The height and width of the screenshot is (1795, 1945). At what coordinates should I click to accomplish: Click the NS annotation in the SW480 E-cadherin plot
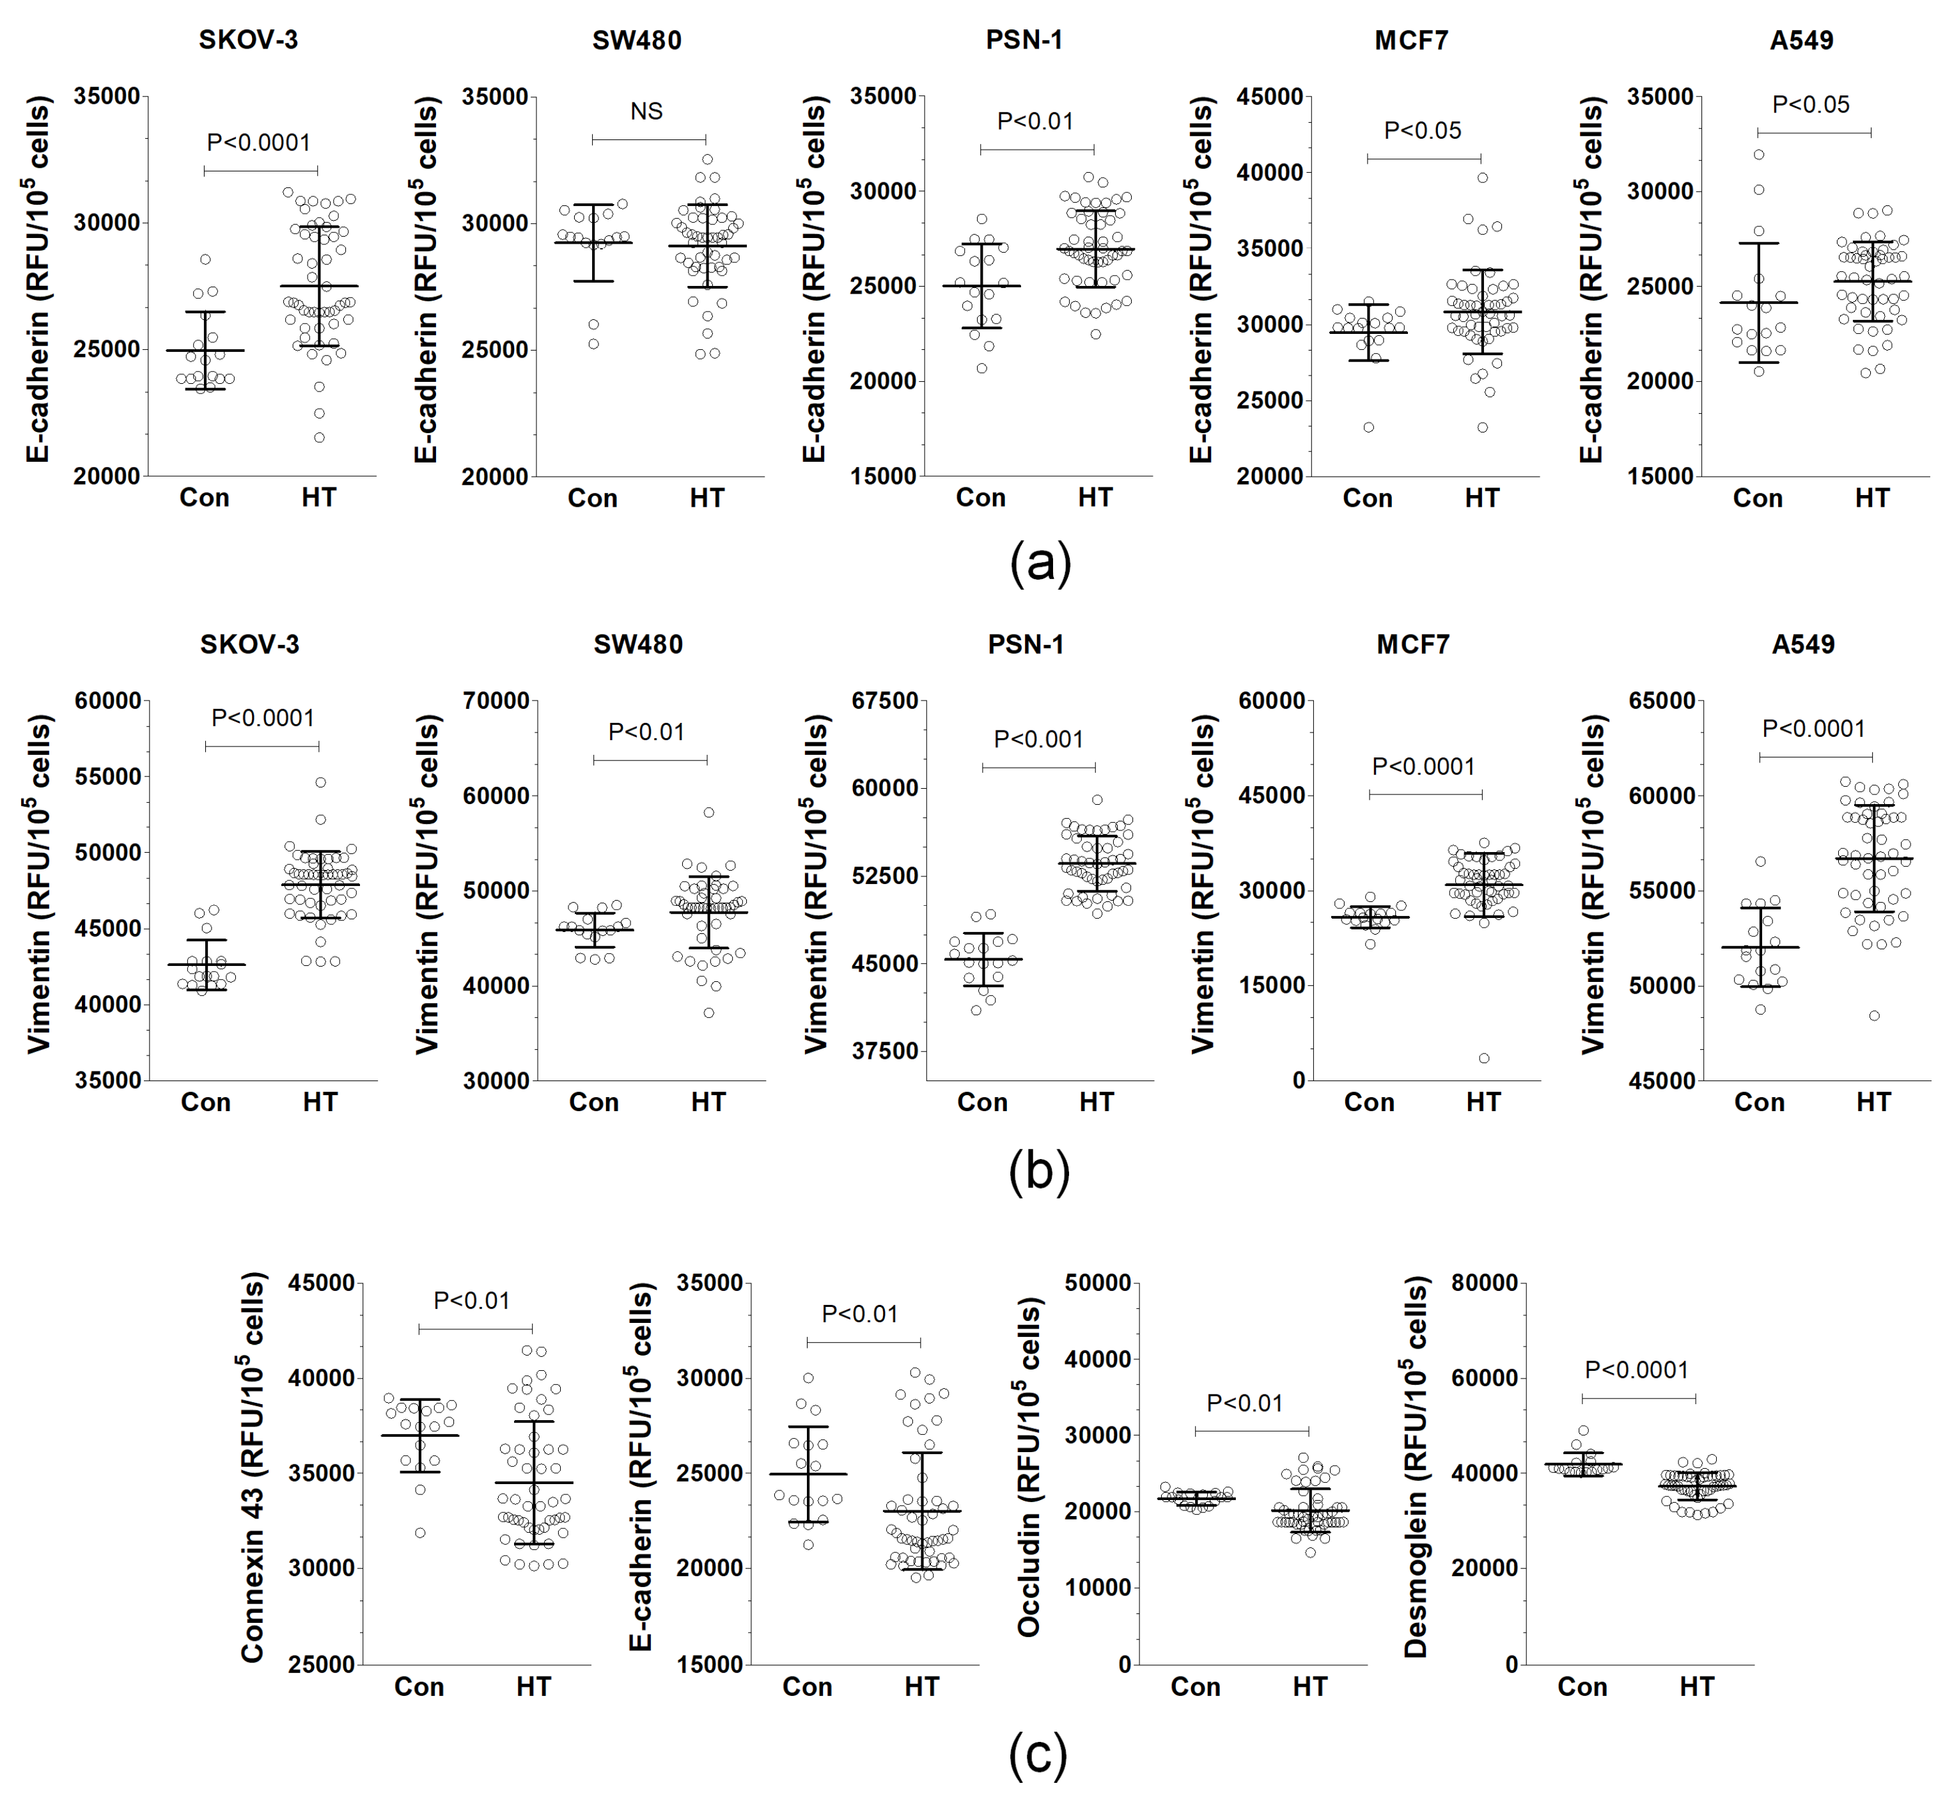coord(646,112)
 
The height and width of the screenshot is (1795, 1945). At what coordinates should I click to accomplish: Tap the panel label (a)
coord(1040,564)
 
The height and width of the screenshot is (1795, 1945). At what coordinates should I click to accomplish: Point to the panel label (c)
coord(1038,1754)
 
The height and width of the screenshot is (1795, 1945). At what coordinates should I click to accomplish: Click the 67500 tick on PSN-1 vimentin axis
coord(884,701)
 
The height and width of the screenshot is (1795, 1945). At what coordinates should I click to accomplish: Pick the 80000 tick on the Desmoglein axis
coord(1484,1283)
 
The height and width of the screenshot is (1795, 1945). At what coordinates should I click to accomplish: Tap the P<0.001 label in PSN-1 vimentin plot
coord(1038,740)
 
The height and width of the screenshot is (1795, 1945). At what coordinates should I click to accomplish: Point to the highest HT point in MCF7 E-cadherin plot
coord(1483,178)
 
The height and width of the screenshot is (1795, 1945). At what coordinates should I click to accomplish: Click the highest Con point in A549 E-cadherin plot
coord(1758,154)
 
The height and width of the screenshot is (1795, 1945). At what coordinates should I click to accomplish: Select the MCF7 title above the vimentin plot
coord(1413,645)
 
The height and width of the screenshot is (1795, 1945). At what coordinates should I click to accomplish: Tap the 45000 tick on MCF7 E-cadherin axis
coord(1269,97)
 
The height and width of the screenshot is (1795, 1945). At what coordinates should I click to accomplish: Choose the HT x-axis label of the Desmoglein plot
coord(1696,1687)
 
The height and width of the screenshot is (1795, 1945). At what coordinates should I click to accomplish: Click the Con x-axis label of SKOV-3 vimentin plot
coord(205,1102)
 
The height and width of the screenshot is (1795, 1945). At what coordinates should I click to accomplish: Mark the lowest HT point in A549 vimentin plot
coord(1874,1016)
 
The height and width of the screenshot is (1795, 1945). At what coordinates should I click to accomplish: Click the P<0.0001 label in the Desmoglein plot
coord(1636,1370)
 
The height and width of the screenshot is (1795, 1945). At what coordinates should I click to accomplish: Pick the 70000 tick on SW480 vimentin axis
coord(496,701)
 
